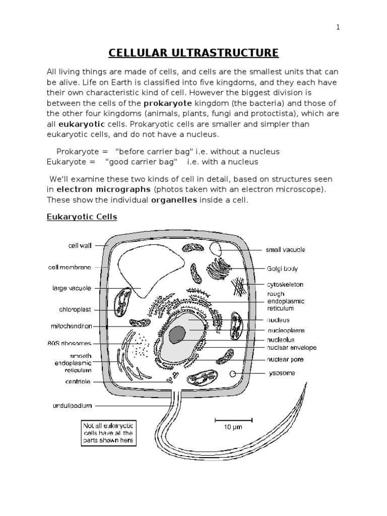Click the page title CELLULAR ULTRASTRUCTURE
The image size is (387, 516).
(x=193, y=52)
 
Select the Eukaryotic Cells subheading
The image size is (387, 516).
(x=82, y=217)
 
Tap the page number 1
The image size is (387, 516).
(x=339, y=28)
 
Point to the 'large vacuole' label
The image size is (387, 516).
(x=72, y=288)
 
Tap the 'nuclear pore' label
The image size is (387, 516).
(x=285, y=360)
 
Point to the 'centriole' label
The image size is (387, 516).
(x=78, y=381)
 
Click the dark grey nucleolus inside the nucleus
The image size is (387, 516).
(x=177, y=334)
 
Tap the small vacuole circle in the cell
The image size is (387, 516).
(x=216, y=248)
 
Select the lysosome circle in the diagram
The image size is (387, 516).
(x=232, y=374)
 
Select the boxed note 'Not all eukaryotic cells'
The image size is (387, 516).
(x=108, y=433)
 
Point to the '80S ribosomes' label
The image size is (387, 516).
(x=69, y=344)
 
